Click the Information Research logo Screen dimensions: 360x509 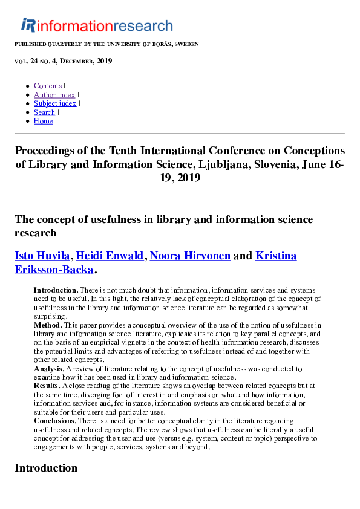97,25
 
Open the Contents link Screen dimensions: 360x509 48,86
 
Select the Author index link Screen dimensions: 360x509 54,95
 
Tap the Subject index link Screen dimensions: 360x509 55,103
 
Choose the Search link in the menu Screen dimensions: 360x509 44,112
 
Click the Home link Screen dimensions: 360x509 43,121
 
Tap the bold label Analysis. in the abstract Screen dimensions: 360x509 48,368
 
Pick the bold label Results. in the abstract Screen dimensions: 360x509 47,386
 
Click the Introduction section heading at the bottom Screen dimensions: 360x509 46,468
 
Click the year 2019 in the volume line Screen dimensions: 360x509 104,61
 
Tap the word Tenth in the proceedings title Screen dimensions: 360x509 126,151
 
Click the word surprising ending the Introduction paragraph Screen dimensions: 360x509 50,316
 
